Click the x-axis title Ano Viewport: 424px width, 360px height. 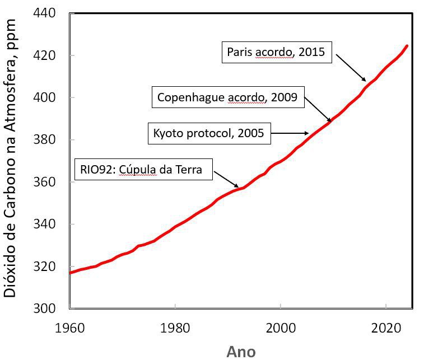point(241,351)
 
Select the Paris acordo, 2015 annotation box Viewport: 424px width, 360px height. point(277,52)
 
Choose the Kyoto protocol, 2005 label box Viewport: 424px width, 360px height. point(208,133)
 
